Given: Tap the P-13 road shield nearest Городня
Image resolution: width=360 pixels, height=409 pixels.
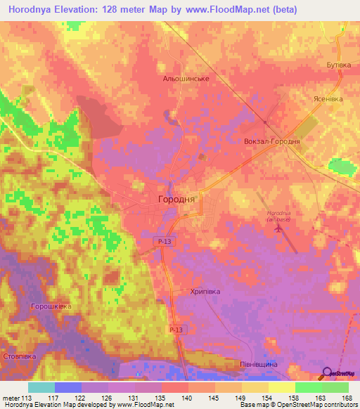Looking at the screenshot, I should coord(162,241).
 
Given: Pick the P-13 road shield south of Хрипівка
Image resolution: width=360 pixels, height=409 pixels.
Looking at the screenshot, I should coord(176,330).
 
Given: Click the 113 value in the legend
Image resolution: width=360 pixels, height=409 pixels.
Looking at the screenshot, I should coord(27,399).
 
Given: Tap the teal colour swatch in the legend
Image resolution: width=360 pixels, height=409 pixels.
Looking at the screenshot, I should coord(41,387).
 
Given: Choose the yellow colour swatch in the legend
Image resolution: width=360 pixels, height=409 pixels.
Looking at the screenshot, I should coord(281,387).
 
